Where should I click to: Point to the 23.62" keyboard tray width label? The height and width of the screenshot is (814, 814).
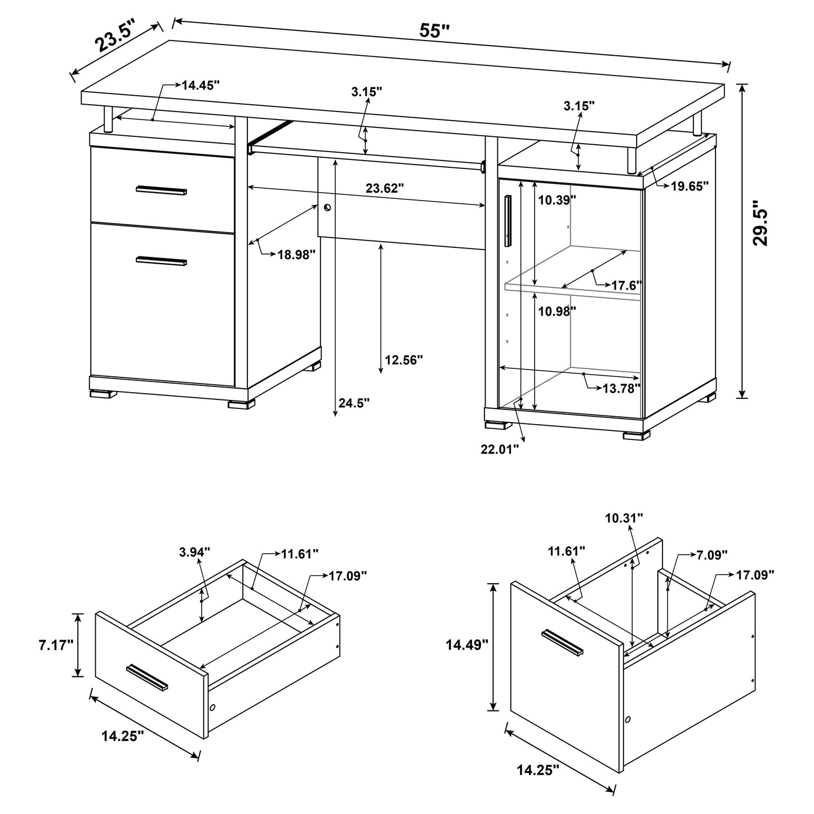coord(385,188)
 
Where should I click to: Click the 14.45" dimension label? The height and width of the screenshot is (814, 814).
coord(200,85)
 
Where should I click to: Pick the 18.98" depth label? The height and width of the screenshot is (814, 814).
coord(296,254)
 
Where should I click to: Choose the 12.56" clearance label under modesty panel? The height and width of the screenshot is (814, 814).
coord(403,359)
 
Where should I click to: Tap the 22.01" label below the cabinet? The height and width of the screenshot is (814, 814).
coord(499,450)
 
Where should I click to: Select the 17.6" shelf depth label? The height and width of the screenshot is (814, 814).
coord(626,286)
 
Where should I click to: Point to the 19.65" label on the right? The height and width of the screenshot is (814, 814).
coord(690,186)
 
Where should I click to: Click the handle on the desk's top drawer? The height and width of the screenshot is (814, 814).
coord(162,190)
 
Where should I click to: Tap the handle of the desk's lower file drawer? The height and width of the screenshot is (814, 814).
coord(162,260)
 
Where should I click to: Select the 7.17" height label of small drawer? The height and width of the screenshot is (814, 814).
coord(56,645)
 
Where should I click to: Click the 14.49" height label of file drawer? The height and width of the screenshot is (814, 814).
coord(466,645)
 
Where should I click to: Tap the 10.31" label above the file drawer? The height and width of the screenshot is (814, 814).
coord(624,518)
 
